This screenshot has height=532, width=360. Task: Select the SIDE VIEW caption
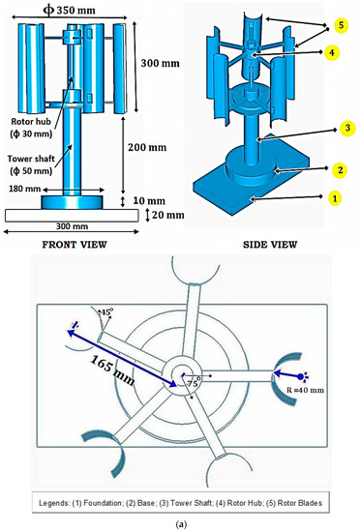point(271,246)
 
